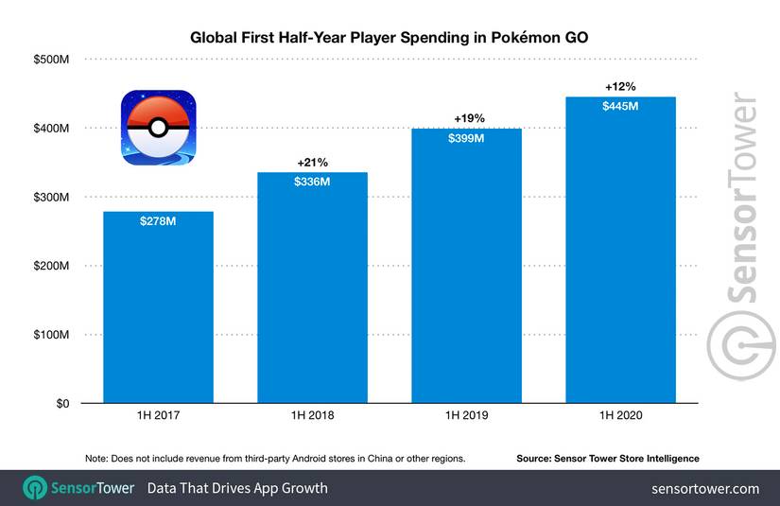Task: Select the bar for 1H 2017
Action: click(158, 312)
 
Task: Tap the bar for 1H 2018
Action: click(312, 293)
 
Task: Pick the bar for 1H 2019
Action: click(466, 274)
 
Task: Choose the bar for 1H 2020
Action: click(620, 255)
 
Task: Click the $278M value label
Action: click(158, 222)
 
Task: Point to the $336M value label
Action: click(312, 182)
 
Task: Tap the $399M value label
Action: click(466, 139)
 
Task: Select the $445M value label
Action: click(620, 107)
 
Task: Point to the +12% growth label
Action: click(620, 87)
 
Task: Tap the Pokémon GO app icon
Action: click(157, 127)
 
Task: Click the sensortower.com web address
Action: click(705, 488)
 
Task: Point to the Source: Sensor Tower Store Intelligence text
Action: click(607, 459)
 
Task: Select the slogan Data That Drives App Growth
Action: click(237, 488)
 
